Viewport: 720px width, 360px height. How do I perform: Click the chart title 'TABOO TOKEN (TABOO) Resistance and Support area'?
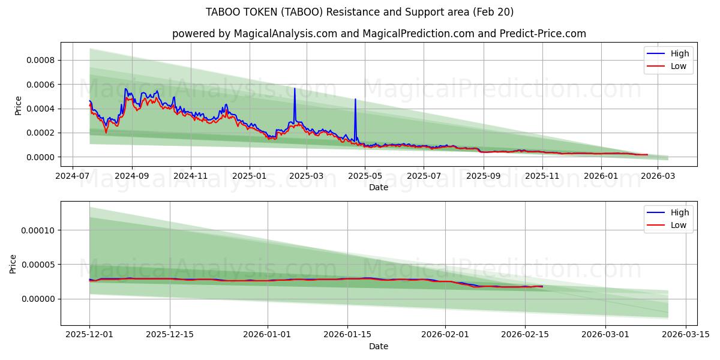click(359, 12)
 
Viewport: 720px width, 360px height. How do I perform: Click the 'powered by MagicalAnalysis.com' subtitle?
click(379, 34)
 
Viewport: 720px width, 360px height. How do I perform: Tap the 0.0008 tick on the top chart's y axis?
click(40, 60)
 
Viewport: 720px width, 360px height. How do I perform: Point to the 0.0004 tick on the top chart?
click(40, 109)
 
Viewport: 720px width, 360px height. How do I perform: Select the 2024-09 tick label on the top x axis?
click(131, 176)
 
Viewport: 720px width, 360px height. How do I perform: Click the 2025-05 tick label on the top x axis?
click(365, 176)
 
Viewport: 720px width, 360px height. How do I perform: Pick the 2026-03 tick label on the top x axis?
click(658, 176)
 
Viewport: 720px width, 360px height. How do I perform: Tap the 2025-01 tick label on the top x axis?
click(249, 176)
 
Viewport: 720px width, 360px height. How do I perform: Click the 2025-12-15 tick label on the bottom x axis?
click(170, 335)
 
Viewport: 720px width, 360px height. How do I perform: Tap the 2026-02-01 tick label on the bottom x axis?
click(445, 335)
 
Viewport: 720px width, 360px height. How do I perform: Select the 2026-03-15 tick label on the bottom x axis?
click(685, 335)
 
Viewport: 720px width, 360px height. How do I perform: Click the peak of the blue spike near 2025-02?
click(295, 89)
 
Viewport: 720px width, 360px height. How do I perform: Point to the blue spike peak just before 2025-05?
click(355, 99)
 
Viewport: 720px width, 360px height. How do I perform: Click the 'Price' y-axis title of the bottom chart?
click(14, 263)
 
